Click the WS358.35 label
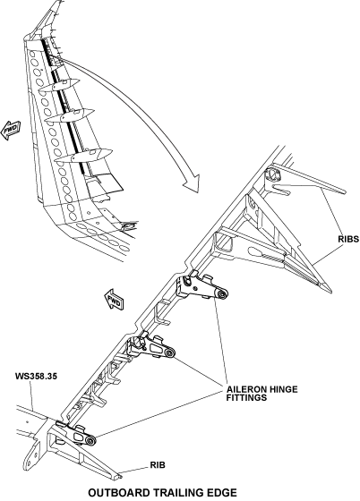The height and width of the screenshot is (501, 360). pyautogui.click(x=36, y=376)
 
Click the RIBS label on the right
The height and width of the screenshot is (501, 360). pyautogui.click(x=348, y=239)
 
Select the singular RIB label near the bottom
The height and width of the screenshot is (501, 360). pyautogui.click(x=158, y=465)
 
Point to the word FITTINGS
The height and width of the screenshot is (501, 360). pyautogui.click(x=246, y=397)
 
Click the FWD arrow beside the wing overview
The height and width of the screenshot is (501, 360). pyautogui.click(x=11, y=130)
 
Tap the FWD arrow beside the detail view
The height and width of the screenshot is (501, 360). pyautogui.click(x=114, y=300)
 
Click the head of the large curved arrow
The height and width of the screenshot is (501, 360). pyautogui.click(x=193, y=183)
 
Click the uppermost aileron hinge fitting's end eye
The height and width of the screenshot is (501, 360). pyautogui.click(x=221, y=294)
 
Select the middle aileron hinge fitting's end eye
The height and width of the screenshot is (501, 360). pyautogui.click(x=169, y=352)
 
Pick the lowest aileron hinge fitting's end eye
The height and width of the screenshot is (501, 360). pyautogui.click(x=90, y=441)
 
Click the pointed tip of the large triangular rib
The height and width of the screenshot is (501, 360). pyautogui.click(x=329, y=290)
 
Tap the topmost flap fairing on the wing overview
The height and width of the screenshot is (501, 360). pyautogui.click(x=59, y=85)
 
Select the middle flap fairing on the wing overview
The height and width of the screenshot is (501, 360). pyautogui.click(x=69, y=115)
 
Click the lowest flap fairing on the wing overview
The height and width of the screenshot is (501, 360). pyautogui.click(x=83, y=156)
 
